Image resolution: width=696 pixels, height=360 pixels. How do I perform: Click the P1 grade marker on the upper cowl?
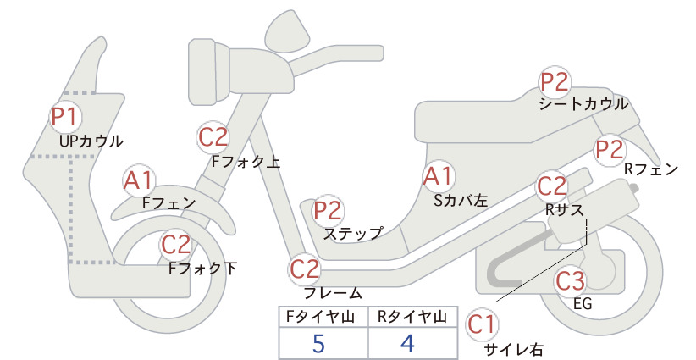point(66,116)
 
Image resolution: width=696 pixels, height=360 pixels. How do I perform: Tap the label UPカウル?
point(91,141)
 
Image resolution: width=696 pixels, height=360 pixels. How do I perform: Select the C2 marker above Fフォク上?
point(213,137)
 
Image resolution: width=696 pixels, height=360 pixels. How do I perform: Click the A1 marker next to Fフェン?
point(139,180)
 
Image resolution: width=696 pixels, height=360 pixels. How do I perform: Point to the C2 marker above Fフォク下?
point(176,245)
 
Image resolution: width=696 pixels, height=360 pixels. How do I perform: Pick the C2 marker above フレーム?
point(305,269)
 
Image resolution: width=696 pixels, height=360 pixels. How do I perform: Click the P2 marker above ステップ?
point(328,210)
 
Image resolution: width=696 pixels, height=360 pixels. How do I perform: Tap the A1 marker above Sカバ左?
point(439,176)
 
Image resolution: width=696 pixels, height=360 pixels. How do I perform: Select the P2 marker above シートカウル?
point(555,82)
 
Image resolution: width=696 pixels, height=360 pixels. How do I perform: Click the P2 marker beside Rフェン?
point(610,150)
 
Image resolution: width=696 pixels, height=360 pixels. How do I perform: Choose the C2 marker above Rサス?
point(552,186)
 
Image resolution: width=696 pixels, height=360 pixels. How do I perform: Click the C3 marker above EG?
point(571,280)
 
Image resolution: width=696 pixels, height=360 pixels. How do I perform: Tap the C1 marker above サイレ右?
point(482,324)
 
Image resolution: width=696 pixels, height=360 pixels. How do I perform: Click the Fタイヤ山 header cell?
point(323,317)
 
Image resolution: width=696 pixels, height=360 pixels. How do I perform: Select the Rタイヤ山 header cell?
point(413,317)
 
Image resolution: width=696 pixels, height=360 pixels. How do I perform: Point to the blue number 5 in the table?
point(318,344)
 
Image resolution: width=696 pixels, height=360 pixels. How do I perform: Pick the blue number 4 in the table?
point(407,344)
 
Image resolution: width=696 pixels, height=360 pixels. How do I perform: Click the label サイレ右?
point(514,350)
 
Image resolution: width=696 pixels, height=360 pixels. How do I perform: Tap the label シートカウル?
point(583,104)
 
